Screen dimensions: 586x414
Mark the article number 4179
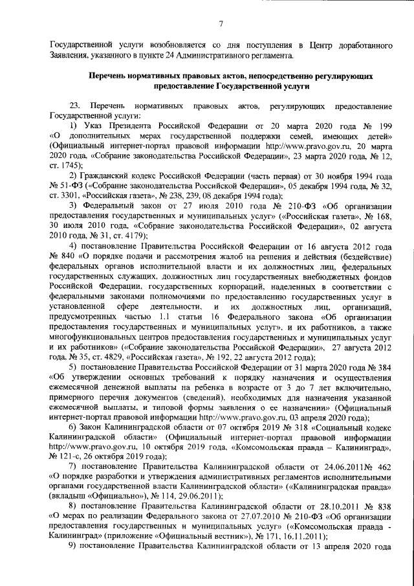137,236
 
